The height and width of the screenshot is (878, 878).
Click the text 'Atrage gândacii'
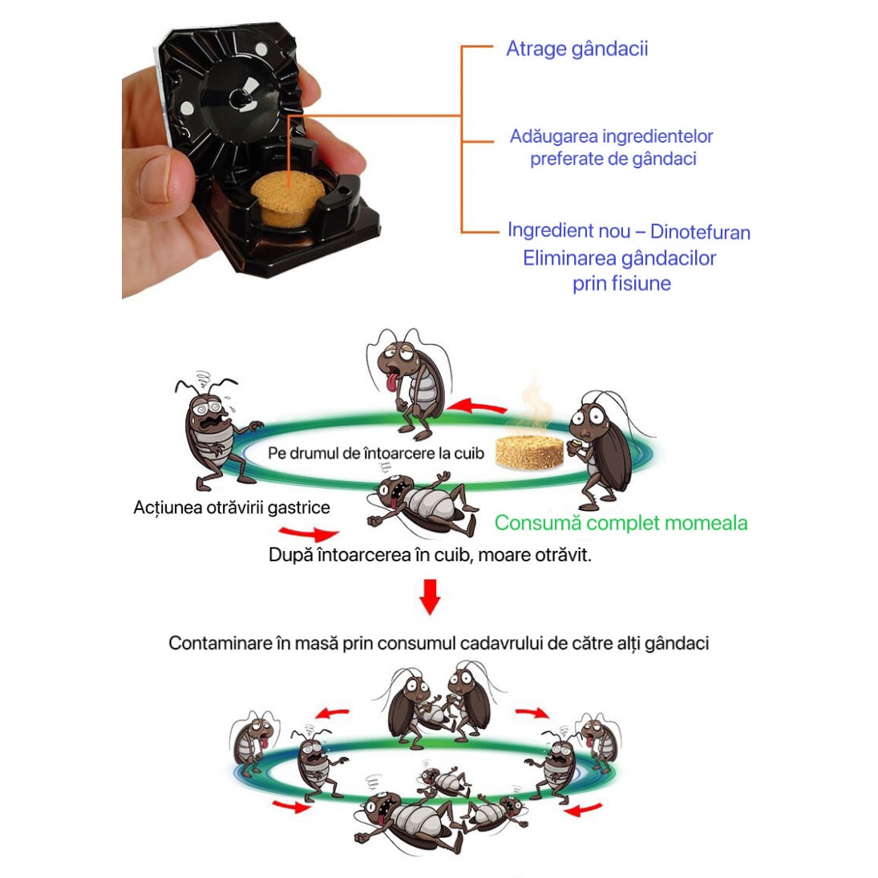coord(577,49)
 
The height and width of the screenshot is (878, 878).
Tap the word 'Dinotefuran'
coord(700,233)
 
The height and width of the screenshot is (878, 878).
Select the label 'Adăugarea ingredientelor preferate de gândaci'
coord(612,148)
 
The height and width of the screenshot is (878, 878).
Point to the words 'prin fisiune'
coord(621,283)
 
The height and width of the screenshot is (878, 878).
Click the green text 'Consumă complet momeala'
coord(621,523)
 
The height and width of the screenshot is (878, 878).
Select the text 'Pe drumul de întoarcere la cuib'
coord(376,453)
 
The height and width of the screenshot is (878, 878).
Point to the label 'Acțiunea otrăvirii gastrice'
coord(232,508)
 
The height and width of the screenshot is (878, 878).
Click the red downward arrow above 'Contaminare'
coord(431,597)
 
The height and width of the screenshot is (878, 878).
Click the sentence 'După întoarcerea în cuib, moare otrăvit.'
coord(430,555)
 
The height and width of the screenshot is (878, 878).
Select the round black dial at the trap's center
coord(241,99)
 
